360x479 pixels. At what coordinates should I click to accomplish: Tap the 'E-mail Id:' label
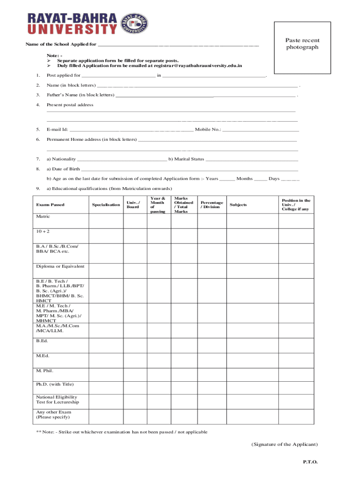click(58, 130)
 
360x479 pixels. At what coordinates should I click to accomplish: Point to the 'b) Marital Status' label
click(187, 159)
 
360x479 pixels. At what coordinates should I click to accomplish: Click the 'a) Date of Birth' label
click(63, 169)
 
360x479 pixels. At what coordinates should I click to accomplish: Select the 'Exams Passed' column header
click(50, 205)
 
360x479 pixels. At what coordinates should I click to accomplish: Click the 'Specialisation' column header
click(106, 205)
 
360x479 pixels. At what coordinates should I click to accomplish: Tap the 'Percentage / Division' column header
click(211, 205)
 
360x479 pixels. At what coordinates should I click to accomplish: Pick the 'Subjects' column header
click(238, 205)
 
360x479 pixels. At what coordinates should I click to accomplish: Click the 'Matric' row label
click(43, 217)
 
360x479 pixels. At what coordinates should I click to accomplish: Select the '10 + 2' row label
click(43, 232)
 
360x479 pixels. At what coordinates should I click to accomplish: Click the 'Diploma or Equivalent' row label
click(60, 266)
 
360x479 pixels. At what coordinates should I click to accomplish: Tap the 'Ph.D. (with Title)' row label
click(55, 385)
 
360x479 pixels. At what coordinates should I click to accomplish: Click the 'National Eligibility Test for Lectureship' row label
click(58, 399)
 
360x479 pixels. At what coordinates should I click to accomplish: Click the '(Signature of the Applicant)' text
click(284, 444)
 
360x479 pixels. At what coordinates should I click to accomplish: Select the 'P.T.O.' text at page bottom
click(310, 462)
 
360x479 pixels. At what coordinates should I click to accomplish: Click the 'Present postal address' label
click(70, 105)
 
